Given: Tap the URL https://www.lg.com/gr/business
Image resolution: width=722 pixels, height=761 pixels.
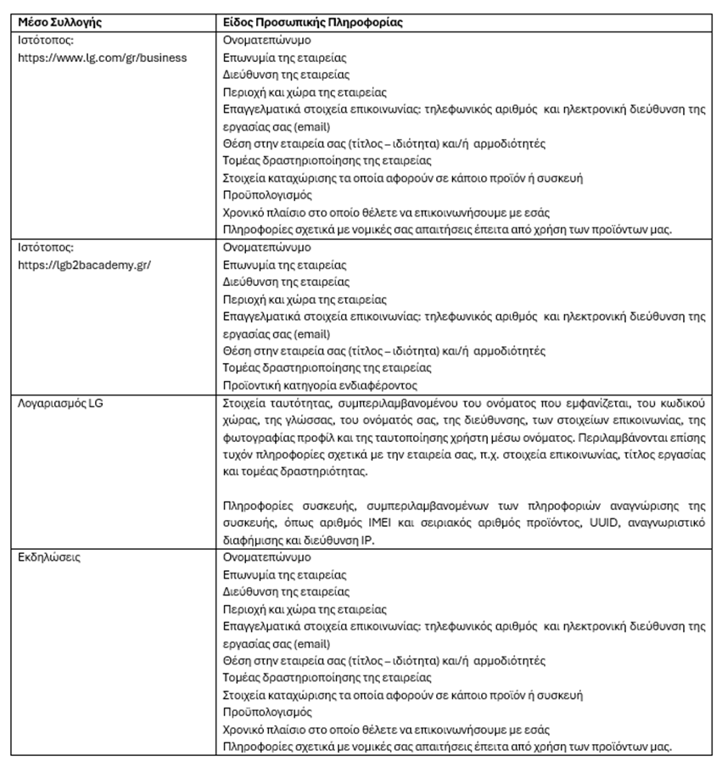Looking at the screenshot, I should [103, 58].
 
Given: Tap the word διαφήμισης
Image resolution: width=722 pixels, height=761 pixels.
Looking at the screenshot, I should [251, 540].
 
